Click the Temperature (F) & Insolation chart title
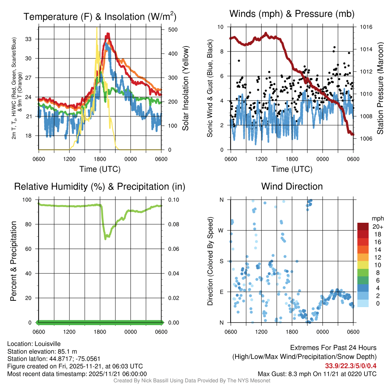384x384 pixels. pyautogui.click(x=100, y=16)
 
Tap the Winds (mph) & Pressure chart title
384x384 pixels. pyautogui.click(x=292, y=14)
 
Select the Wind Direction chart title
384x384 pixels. pyautogui.click(x=292, y=186)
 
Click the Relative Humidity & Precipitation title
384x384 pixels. pyautogui.click(x=100, y=186)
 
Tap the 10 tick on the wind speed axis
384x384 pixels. pyautogui.click(x=221, y=27)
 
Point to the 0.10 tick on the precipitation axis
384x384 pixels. pyautogui.click(x=173, y=199)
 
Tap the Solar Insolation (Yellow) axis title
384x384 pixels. pyautogui.click(x=186, y=88)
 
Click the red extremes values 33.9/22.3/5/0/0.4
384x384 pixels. pyautogui.click(x=351, y=365)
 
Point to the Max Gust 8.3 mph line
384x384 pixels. pyautogui.click(x=317, y=373)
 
